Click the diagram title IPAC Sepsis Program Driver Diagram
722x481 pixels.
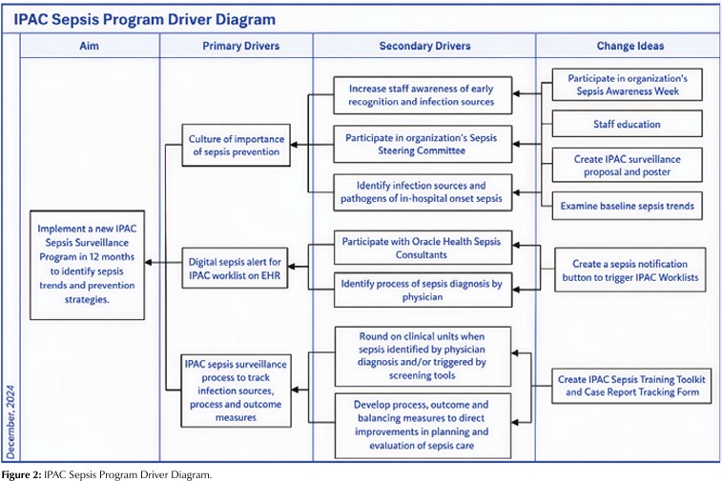coord(145,19)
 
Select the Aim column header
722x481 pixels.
coord(89,46)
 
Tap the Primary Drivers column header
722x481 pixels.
coord(240,46)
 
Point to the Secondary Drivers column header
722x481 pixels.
coord(424,46)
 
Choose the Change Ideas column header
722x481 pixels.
coord(629,46)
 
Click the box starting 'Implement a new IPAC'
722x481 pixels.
coord(87,265)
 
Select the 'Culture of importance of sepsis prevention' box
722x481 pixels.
coord(236,145)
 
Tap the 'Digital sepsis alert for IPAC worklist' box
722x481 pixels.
coord(235,268)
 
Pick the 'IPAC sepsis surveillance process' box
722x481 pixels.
coord(236,391)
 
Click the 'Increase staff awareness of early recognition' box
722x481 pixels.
coord(423,95)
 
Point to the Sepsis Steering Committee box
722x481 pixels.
coord(423,144)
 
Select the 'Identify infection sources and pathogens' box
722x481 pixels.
coord(423,192)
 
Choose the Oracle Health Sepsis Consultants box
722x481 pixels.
coord(423,248)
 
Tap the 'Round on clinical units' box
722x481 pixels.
coord(423,356)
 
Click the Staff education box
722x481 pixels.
coord(628,124)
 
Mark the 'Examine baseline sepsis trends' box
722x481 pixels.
coord(628,206)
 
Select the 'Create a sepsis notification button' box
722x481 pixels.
coord(629,270)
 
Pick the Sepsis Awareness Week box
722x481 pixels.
coord(628,85)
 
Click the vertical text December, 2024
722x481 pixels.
coord(10,422)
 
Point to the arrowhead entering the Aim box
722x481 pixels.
coord(148,263)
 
